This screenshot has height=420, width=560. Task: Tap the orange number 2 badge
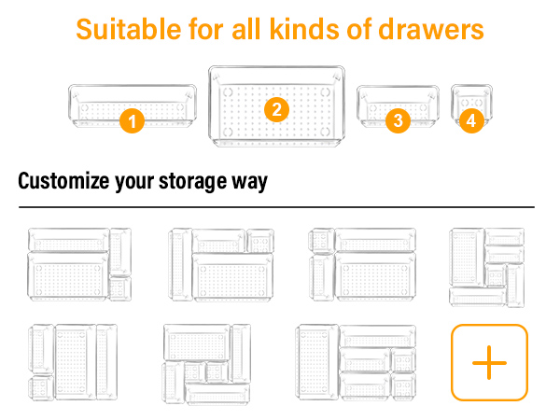[275, 109]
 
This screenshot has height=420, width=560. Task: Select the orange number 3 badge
[399, 119]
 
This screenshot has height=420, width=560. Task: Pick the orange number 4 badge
[470, 120]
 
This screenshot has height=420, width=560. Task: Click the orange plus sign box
[489, 362]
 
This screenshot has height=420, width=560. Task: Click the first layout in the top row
[79, 264]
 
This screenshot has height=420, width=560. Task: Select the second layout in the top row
[221, 264]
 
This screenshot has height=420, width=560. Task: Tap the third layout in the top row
[361, 264]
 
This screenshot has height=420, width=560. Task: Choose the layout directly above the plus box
[486, 266]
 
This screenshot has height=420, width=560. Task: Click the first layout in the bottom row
[72, 362]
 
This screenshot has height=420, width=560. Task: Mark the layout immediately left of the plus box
[356, 362]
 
